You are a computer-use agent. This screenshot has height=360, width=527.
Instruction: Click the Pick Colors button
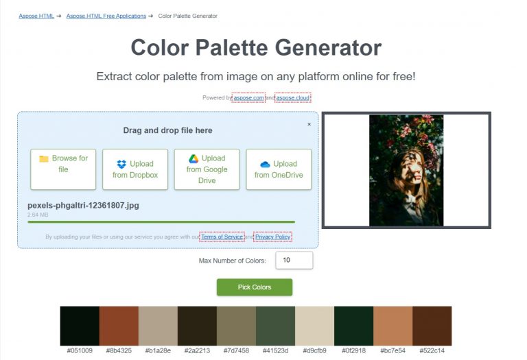click(x=254, y=287)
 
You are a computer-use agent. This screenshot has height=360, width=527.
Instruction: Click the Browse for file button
click(x=63, y=169)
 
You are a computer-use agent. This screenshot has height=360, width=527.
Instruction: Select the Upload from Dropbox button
click(x=135, y=169)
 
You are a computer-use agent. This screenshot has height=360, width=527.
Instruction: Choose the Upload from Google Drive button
click(x=207, y=169)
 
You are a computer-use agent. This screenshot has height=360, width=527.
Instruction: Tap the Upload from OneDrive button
click(x=279, y=169)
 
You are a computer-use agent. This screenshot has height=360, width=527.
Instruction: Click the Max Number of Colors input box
click(x=294, y=261)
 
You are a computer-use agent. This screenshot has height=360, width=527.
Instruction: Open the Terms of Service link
click(x=222, y=237)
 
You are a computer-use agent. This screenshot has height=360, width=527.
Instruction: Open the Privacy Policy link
click(x=272, y=237)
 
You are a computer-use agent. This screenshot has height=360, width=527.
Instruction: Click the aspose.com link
click(x=248, y=98)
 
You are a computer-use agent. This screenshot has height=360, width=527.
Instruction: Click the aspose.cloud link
click(x=293, y=98)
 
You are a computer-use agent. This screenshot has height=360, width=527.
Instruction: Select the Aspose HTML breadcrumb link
click(x=36, y=16)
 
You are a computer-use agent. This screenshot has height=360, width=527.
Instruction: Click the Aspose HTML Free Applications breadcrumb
click(x=106, y=16)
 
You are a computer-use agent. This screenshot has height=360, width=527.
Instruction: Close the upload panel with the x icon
click(x=309, y=124)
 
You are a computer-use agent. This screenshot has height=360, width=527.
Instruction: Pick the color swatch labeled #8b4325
click(x=119, y=326)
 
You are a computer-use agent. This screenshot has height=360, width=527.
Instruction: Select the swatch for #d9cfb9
click(x=314, y=326)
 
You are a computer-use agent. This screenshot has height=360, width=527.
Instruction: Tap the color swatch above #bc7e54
click(x=393, y=326)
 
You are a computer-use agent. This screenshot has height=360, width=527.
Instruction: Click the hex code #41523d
click(x=275, y=351)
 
